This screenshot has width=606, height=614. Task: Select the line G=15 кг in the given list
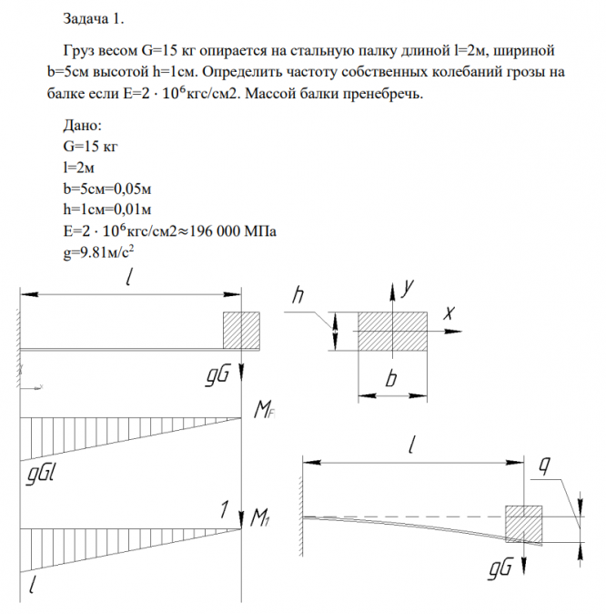point(88,148)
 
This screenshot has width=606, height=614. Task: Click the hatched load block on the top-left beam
point(242,330)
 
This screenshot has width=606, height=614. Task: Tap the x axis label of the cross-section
point(448,312)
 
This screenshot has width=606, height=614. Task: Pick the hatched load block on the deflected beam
point(524,524)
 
